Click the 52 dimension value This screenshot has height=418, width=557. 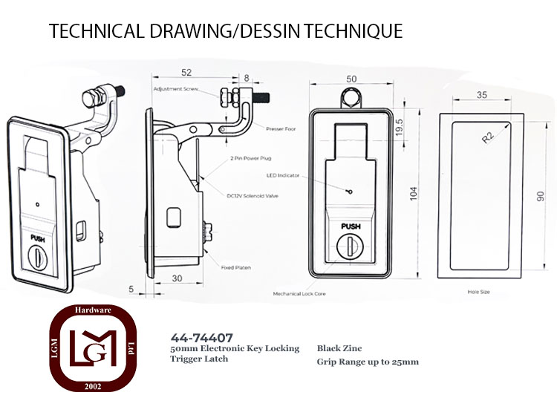tap(186, 73)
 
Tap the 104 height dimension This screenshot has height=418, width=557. tap(414, 194)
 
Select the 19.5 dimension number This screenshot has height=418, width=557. tap(400, 127)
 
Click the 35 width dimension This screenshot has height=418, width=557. tap(482, 95)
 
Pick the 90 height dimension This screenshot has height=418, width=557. tap(540, 196)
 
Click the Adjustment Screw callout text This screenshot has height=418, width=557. tap(176, 89)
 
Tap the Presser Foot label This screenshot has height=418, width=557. tap(281, 129)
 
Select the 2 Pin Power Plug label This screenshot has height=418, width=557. tap(250, 158)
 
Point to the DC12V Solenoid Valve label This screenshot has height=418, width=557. tap(253, 196)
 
